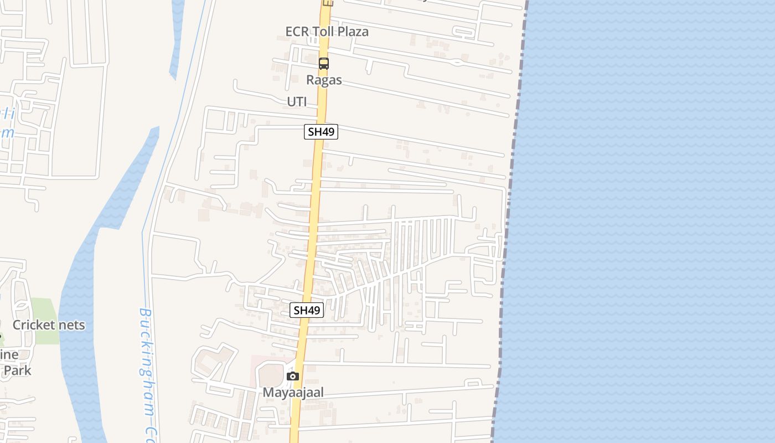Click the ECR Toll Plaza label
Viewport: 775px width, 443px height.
pyautogui.click(x=327, y=32)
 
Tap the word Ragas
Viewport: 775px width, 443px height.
pyautogui.click(x=324, y=80)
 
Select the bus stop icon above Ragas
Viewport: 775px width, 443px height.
pyautogui.click(x=324, y=64)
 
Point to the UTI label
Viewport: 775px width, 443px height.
pyautogui.click(x=297, y=102)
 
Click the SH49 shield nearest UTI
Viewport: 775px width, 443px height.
pyautogui.click(x=321, y=132)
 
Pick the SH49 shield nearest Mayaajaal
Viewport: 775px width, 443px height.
pyautogui.click(x=307, y=310)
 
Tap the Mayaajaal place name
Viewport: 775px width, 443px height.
pyautogui.click(x=293, y=392)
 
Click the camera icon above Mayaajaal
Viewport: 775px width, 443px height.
pyautogui.click(x=293, y=377)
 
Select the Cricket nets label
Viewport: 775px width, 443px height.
pyautogui.click(x=49, y=324)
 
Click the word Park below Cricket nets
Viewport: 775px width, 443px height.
pyautogui.click(x=18, y=370)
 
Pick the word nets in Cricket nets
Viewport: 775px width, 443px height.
pyautogui.click(x=70, y=324)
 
